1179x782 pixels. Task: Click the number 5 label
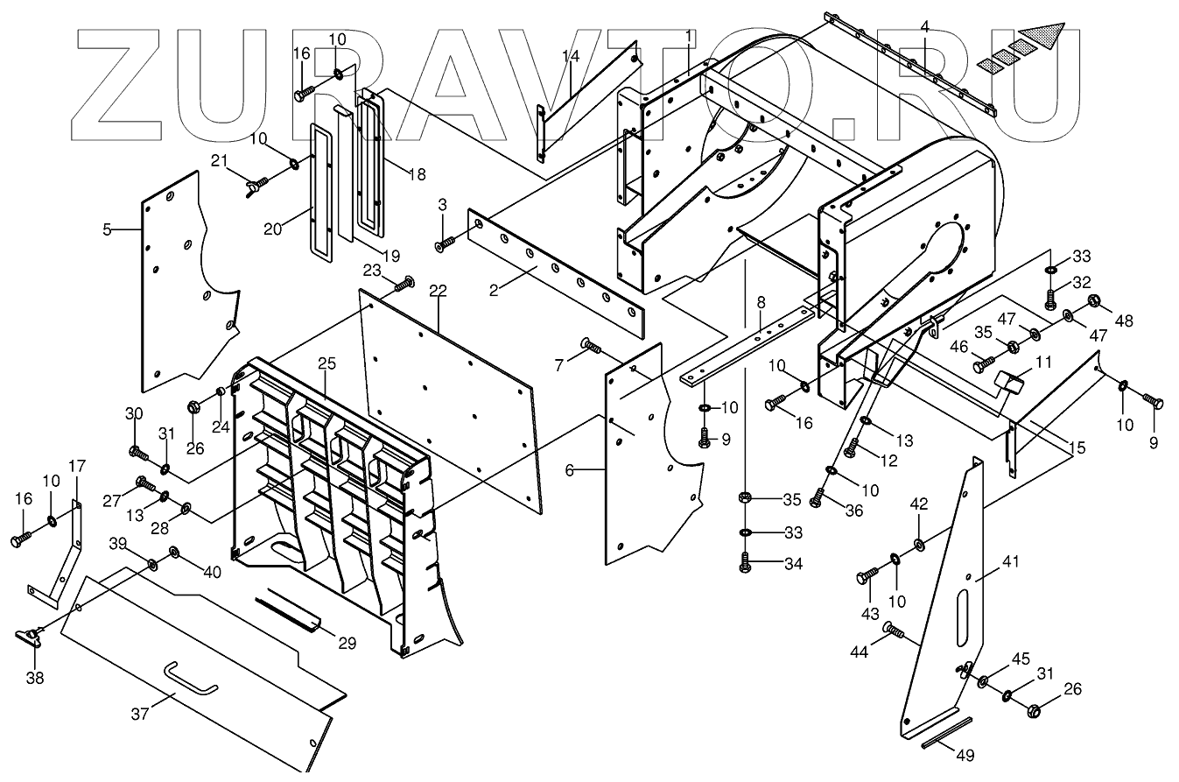click(x=107, y=230)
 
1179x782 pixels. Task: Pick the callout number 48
click(x=1124, y=321)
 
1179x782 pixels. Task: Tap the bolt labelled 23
click(x=404, y=282)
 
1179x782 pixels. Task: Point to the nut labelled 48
click(x=1093, y=303)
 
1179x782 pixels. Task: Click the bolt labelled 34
click(x=745, y=565)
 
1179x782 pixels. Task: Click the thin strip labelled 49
click(x=945, y=733)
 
